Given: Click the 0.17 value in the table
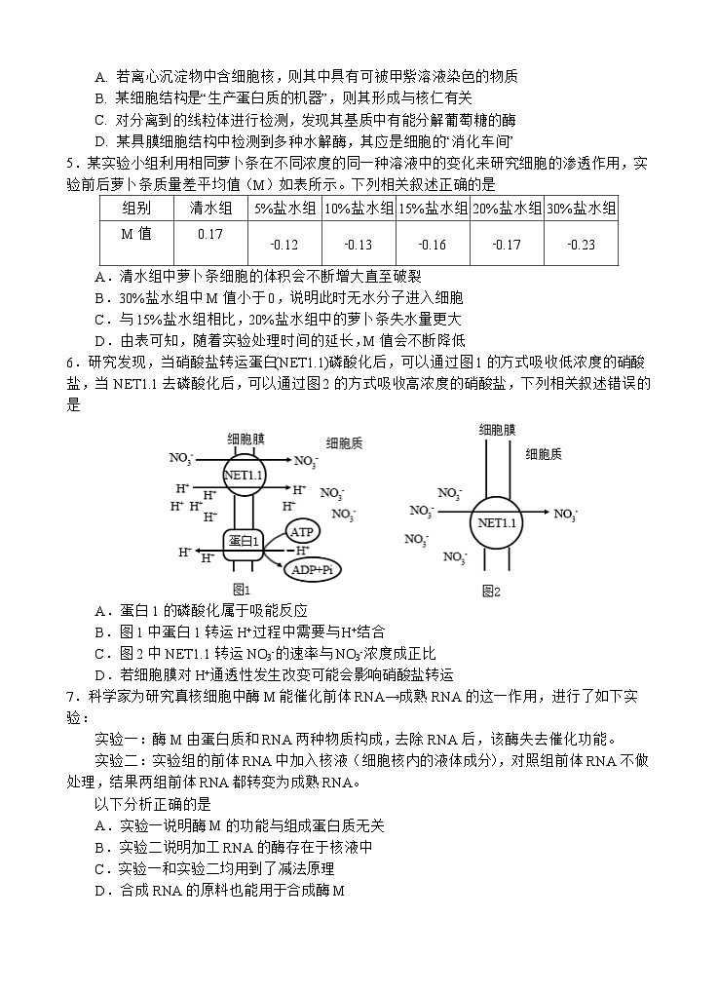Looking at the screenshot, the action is [x=209, y=234].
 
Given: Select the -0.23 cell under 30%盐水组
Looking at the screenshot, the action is [x=581, y=245].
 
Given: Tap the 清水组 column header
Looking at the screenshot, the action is [x=209, y=208].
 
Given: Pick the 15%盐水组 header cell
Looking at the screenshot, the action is [x=432, y=208].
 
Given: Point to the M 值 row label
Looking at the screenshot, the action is [x=136, y=234].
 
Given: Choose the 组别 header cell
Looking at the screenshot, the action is [x=136, y=208].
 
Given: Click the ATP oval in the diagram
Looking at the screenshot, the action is [x=302, y=532].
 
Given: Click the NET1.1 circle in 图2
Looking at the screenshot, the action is [x=496, y=523].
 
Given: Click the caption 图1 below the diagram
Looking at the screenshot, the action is [x=243, y=589].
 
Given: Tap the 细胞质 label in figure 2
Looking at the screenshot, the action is [x=543, y=454].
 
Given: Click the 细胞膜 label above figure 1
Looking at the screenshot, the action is [x=246, y=439].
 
